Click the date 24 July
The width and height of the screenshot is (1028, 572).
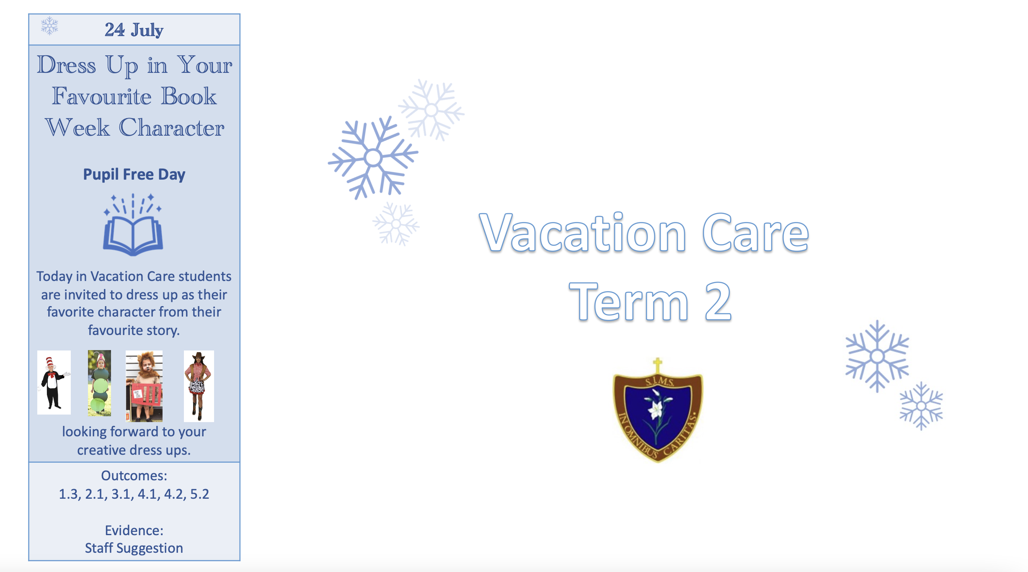tap(134, 30)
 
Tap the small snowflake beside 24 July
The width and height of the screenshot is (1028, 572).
tap(49, 26)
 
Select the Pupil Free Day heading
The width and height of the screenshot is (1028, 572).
tap(134, 174)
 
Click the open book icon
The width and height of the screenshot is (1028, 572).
tap(133, 224)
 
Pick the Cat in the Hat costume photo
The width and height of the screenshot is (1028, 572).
tap(54, 382)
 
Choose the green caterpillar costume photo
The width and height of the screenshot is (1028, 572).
tap(99, 383)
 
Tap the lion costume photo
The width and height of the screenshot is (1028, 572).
tap(144, 386)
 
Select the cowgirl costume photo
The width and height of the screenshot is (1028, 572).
tap(199, 386)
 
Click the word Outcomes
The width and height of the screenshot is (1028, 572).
tap(134, 476)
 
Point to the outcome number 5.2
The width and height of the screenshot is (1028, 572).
tap(200, 494)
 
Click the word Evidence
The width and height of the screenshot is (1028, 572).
tap(134, 531)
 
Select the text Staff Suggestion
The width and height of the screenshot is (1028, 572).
tap(134, 548)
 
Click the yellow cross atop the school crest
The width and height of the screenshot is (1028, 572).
tap(658, 365)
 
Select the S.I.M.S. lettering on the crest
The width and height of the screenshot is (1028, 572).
tap(659, 381)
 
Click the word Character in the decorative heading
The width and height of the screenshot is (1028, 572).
tap(172, 128)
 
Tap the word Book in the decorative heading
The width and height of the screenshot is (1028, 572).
tap(189, 96)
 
